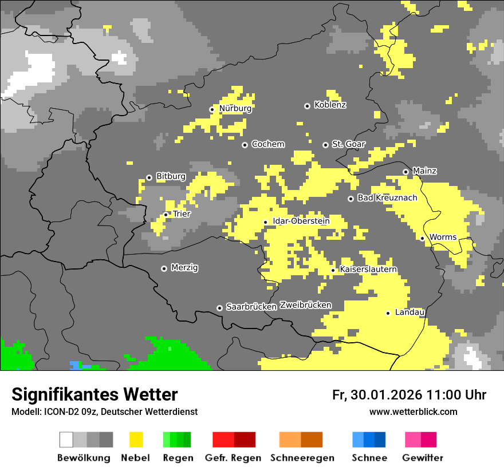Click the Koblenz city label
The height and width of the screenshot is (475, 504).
[330, 105]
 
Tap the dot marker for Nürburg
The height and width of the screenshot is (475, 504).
[212, 109]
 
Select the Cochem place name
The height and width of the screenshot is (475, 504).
[267, 144]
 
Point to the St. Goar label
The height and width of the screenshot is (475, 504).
[348, 144]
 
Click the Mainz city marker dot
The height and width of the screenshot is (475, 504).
[405, 172]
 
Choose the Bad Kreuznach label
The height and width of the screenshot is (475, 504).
[387, 198]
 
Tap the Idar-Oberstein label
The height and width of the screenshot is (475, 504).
[301, 221]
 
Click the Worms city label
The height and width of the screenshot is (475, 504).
[443, 237]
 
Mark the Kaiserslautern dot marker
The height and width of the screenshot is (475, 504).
[333, 270]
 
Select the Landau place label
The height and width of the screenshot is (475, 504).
[409, 312]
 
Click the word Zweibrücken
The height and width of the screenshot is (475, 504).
[305, 305]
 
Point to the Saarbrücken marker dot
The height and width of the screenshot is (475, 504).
[219, 308]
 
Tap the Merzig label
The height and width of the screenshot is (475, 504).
[184, 268]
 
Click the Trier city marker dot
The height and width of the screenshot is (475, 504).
[166, 215]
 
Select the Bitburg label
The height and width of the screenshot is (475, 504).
[171, 177]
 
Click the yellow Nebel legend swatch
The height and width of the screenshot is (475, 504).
[136, 440]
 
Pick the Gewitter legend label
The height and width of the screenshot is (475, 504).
[422, 458]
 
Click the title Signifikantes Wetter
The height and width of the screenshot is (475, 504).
[94, 394]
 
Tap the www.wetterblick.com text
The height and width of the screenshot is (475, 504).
[413, 411]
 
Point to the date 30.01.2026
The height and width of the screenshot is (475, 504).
[384, 395]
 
